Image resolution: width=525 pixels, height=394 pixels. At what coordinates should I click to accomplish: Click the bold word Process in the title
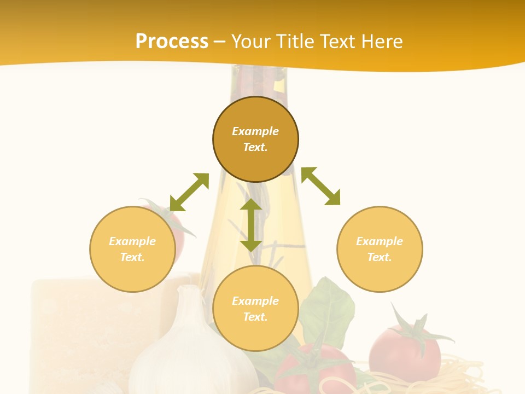172,42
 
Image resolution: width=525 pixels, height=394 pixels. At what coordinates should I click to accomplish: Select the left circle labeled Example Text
132,249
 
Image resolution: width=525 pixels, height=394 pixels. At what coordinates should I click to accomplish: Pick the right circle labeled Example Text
380,249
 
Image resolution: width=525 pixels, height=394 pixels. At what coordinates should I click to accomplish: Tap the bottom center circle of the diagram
255,309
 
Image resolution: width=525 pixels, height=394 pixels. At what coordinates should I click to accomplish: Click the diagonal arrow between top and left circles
189,192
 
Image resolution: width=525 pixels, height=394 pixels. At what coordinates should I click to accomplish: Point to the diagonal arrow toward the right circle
321,186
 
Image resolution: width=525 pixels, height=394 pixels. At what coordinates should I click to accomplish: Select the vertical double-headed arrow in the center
251,225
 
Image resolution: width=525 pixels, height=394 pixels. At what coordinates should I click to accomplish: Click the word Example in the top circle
255,131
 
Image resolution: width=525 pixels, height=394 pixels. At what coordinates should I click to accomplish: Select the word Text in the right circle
380,257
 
